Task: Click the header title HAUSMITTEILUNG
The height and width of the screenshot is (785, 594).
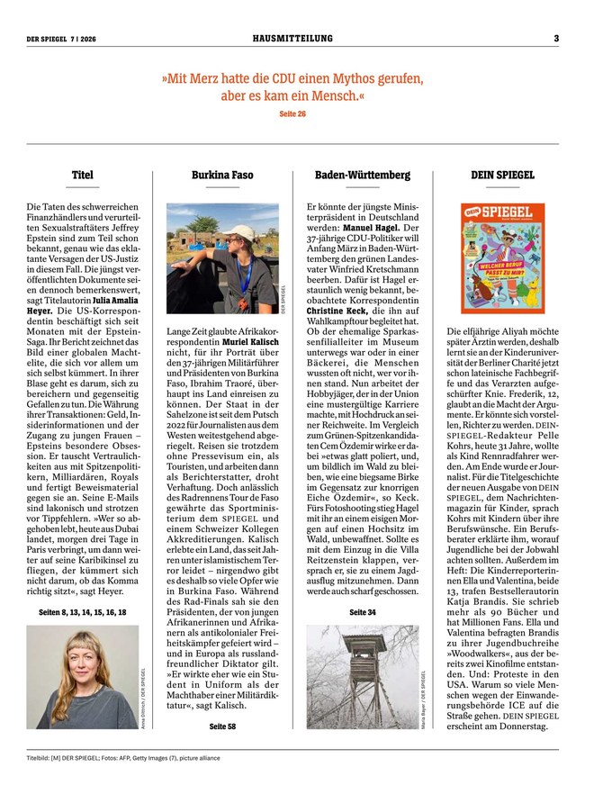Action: click(292, 39)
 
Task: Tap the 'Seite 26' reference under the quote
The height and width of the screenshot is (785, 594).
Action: click(292, 114)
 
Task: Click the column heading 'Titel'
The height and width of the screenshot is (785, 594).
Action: click(82, 175)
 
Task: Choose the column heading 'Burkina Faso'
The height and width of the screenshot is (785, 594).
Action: click(222, 175)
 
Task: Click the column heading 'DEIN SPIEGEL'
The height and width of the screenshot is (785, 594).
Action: click(502, 175)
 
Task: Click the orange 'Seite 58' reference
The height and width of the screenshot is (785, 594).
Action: click(222, 725)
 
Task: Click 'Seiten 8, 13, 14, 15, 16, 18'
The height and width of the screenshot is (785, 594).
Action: click(82, 612)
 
